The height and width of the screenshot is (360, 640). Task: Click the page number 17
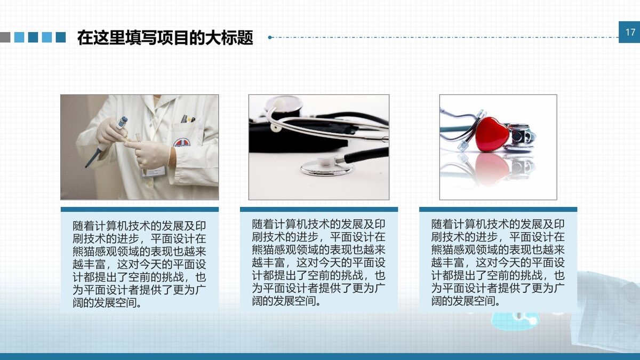(630, 33)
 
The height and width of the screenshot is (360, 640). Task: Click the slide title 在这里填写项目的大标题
(165, 38)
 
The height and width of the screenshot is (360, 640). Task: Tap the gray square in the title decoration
(5, 37)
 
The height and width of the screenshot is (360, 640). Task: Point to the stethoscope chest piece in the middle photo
(326, 167)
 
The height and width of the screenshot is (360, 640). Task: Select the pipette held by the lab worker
(106, 141)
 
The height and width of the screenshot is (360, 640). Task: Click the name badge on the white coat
(153, 171)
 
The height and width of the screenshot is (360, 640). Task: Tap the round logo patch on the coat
(181, 143)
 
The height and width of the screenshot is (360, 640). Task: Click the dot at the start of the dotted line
(270, 37)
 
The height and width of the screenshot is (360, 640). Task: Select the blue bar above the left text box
(140, 210)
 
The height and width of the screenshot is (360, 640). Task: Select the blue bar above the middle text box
(319, 210)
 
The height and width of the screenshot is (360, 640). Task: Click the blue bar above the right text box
(498, 210)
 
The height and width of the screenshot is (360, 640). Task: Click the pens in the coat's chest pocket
(187, 119)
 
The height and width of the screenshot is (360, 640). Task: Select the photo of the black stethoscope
(319, 147)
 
